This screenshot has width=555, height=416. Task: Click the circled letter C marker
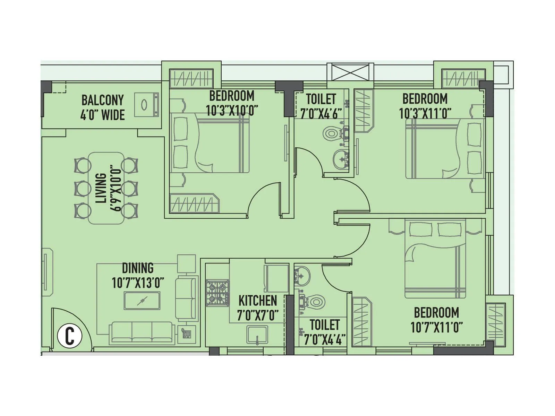coord(70,336)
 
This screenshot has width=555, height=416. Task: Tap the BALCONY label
coord(102,100)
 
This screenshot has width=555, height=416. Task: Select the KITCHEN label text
coord(258,301)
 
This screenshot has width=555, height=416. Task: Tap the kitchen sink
coord(257,335)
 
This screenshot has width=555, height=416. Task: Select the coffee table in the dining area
coord(142,301)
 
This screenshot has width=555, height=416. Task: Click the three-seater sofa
coord(142,333)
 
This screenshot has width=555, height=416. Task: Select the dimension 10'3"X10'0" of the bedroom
coord(232,111)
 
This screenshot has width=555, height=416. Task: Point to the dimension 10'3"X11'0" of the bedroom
coord(425,113)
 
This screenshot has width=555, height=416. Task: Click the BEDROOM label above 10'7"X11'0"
coord(436,312)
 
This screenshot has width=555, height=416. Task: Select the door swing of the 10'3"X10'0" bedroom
coord(264,201)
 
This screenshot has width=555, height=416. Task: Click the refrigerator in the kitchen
coord(276,278)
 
